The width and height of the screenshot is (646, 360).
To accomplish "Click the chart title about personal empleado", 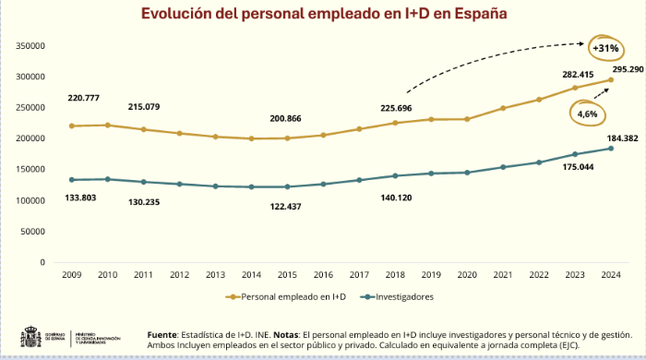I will click(323, 14).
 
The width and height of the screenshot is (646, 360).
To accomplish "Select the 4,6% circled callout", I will click(587, 114).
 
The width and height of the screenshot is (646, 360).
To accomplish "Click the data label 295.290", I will click(622, 68).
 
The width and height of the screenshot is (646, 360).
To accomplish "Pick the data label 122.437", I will click(286, 205).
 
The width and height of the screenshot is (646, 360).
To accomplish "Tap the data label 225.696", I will click(395, 108).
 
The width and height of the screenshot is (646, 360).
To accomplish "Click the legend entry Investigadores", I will click(398, 296).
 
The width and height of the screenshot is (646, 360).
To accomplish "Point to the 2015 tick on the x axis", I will click(286, 274).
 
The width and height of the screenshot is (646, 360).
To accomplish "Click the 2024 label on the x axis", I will click(609, 274).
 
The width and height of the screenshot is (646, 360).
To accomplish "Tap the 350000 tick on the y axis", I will click(31, 45).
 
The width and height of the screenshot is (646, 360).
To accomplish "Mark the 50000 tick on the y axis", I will click(34, 232).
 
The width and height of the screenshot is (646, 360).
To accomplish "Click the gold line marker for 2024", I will click(609, 79).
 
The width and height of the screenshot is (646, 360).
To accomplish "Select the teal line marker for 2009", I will click(71, 180).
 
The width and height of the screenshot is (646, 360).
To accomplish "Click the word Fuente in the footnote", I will click(164, 334).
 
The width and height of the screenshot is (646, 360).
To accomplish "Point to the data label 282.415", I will click(574, 74).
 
